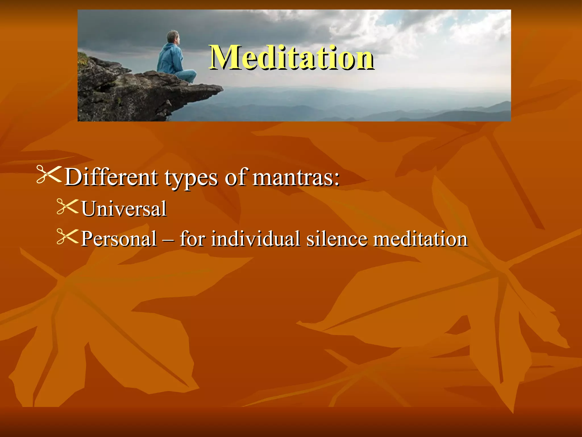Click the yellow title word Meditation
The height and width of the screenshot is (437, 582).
tap(292, 57)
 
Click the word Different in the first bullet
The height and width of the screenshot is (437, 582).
tap(111, 178)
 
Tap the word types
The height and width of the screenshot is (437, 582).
tap(191, 178)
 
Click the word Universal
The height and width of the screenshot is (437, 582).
tap(124, 209)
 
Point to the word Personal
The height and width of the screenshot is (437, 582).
tap(119, 238)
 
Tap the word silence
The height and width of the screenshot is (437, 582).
tap(337, 238)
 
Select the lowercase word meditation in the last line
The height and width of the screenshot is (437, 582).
tap(420, 238)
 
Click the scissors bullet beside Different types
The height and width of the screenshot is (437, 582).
tap(49, 175)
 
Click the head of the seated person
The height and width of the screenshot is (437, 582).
tap(173, 37)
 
